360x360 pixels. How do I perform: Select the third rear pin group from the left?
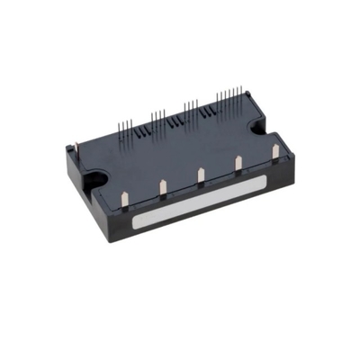tap(192, 108)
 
